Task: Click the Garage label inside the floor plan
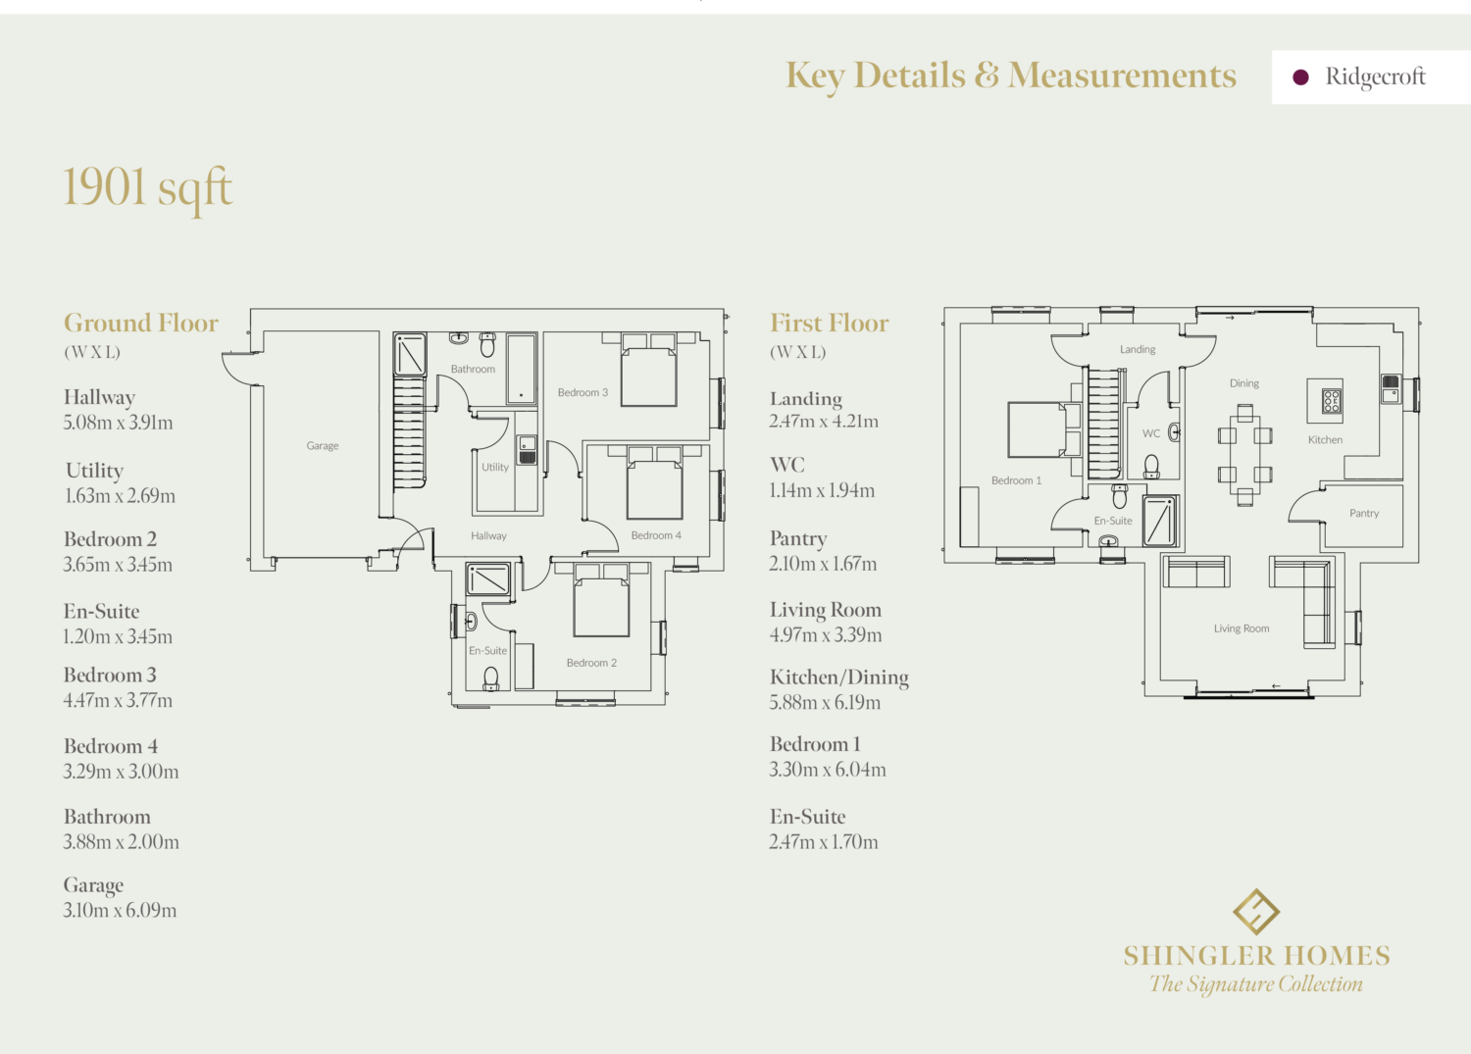point(323,445)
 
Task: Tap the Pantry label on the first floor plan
point(1364,513)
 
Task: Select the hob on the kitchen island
point(1332,401)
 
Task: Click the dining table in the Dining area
point(1245,455)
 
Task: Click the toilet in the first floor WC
point(1151,467)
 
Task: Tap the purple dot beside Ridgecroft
point(1300,77)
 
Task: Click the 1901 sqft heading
point(147,189)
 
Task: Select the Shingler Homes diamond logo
point(1255,912)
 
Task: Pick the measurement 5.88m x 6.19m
point(825,702)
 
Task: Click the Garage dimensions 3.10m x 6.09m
point(121,910)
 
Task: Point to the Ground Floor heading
point(140,324)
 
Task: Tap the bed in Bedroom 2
point(601,600)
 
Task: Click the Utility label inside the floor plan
point(495,467)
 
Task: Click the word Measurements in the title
point(1122,75)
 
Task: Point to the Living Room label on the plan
point(1242,628)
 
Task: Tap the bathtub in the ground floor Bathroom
point(522,369)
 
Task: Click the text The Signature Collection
point(1255,983)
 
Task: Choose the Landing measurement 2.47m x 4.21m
point(824,421)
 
